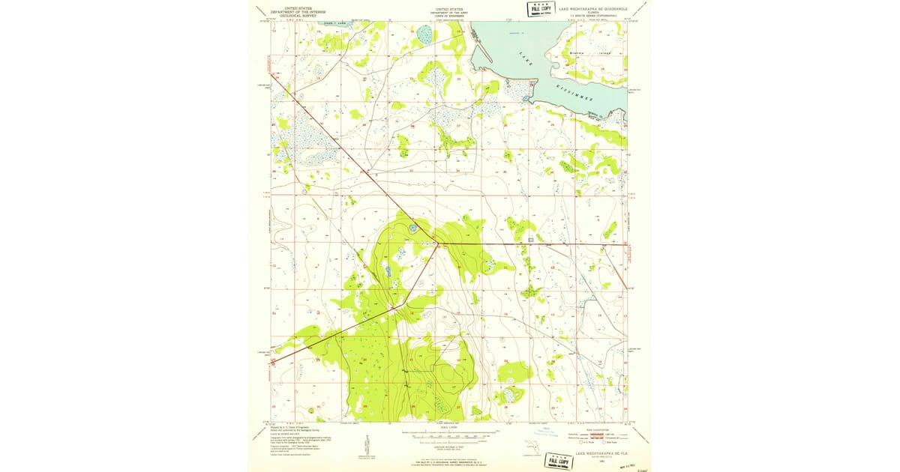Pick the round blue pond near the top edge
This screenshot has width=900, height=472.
pyautogui.click(x=424, y=33)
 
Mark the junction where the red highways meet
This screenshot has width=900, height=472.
pyautogui.click(x=435, y=243)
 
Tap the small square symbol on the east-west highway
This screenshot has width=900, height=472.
pyautogui.click(x=530, y=240)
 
